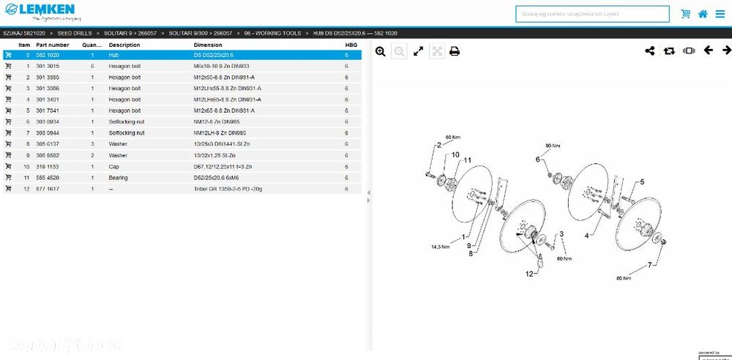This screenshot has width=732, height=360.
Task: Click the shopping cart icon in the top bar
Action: click(x=686, y=14)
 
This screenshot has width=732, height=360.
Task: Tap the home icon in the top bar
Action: click(x=703, y=14)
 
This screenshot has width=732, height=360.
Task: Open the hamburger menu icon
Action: click(x=720, y=14)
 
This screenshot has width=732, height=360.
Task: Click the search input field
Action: click(x=592, y=14)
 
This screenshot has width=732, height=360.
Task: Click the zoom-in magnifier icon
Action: click(x=381, y=51)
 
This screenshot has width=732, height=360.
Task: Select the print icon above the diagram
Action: click(x=455, y=51)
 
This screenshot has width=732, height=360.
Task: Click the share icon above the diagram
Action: click(x=650, y=51)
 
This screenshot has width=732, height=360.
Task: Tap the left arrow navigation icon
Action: click(x=708, y=50)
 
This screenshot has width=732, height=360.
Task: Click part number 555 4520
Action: click(x=48, y=177)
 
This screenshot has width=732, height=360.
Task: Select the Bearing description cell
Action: click(x=119, y=177)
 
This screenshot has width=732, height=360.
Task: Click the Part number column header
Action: click(x=53, y=45)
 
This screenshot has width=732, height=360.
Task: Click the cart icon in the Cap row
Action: click(x=8, y=166)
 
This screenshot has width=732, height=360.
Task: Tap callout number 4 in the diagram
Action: click(x=586, y=236)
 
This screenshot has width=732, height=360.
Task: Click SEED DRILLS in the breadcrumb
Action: click(x=75, y=34)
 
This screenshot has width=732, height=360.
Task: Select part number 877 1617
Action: click(x=48, y=189)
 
